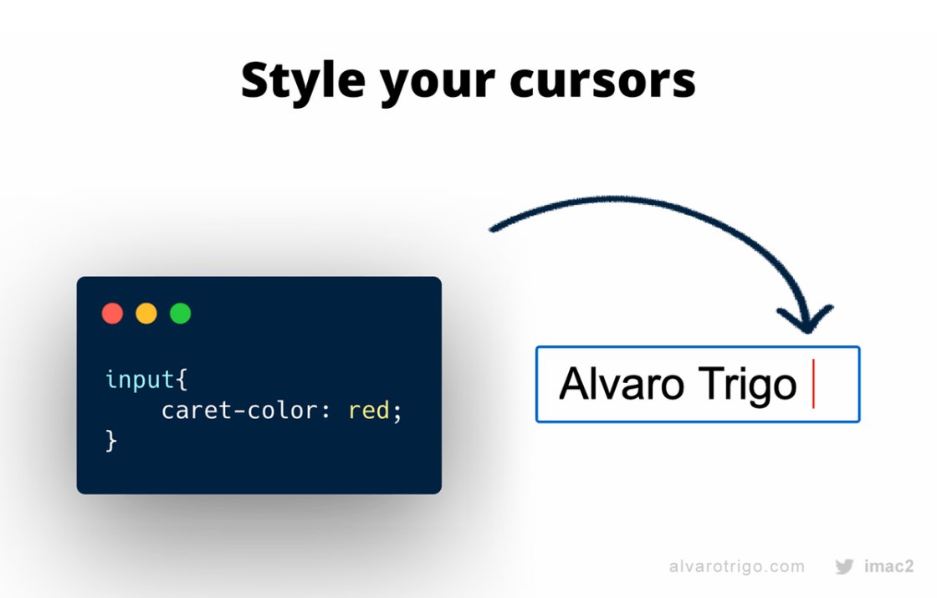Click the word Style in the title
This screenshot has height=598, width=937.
302,81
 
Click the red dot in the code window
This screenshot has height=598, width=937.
112,314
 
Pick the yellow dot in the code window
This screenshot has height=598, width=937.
146,314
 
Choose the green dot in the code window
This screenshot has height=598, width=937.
181,314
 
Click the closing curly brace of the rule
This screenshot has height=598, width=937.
111,441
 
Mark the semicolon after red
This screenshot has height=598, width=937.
398,412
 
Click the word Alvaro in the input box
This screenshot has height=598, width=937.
618,384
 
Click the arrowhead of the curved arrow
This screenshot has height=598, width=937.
806,323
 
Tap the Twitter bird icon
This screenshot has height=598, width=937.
844,566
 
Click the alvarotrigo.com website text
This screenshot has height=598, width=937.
737,566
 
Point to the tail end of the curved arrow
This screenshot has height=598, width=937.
494,227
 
